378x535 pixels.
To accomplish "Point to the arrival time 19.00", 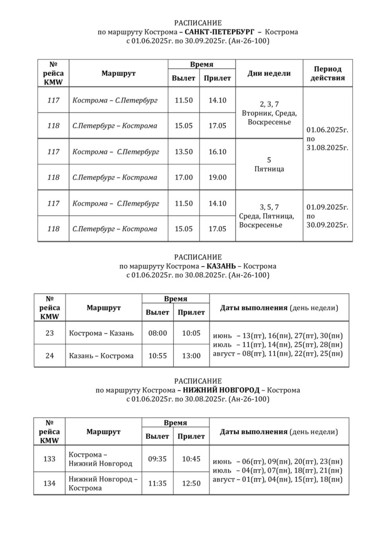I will pos(217,178).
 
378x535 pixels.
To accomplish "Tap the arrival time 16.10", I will pos(217,152).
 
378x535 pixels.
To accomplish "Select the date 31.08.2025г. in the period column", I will pos(327,148).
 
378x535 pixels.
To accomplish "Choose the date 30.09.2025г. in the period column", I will pos(327,225).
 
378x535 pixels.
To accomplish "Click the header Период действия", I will pos(328,74).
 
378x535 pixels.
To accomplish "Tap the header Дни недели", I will pos(269,74).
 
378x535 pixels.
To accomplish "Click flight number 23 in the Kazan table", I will pos(50,333).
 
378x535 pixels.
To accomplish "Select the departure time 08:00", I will pos(157,333).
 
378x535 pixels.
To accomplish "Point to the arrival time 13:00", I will pos(191,356).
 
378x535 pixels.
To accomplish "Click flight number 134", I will pos(50,483).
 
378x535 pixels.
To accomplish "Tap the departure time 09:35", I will pos(157,459).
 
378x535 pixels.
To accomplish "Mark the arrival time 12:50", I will pos(191,483).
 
